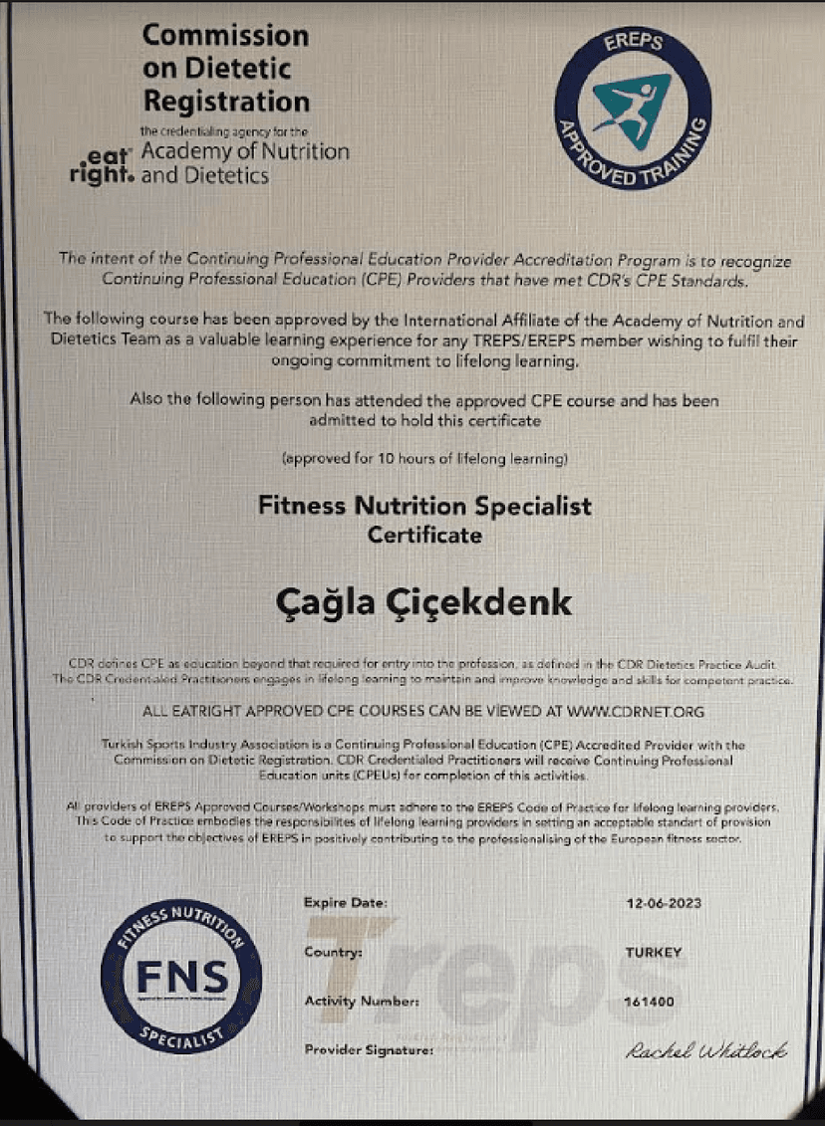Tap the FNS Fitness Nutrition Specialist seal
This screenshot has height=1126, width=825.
tap(181, 971)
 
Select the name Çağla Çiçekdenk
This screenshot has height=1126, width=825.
tap(423, 602)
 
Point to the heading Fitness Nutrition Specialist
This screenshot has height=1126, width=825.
tap(424, 506)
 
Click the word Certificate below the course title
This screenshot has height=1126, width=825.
tap(424, 536)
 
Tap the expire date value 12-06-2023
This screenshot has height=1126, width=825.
tap(663, 903)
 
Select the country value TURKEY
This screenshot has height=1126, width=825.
tap(654, 953)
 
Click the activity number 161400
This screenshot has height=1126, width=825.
tap(650, 1001)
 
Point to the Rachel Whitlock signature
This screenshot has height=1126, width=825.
tap(707, 1050)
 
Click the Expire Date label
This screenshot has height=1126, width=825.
tap(346, 903)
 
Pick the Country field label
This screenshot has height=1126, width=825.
tap(333, 953)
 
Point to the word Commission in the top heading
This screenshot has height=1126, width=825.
tap(226, 36)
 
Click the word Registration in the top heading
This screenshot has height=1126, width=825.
tap(227, 102)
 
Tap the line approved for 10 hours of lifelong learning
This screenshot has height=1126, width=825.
tap(425, 459)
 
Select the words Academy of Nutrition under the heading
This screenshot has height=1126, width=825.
tap(245, 152)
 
